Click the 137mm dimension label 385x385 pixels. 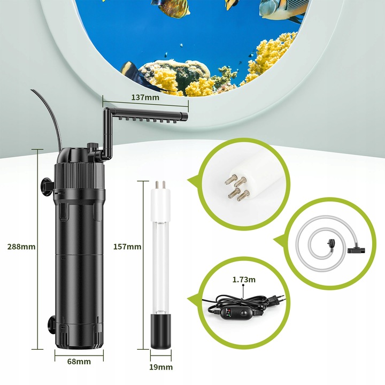(145, 97)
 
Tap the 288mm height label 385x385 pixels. (21, 247)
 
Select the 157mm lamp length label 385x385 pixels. (127, 247)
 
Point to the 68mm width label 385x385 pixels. (79, 361)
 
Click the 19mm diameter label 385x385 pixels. (161, 367)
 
